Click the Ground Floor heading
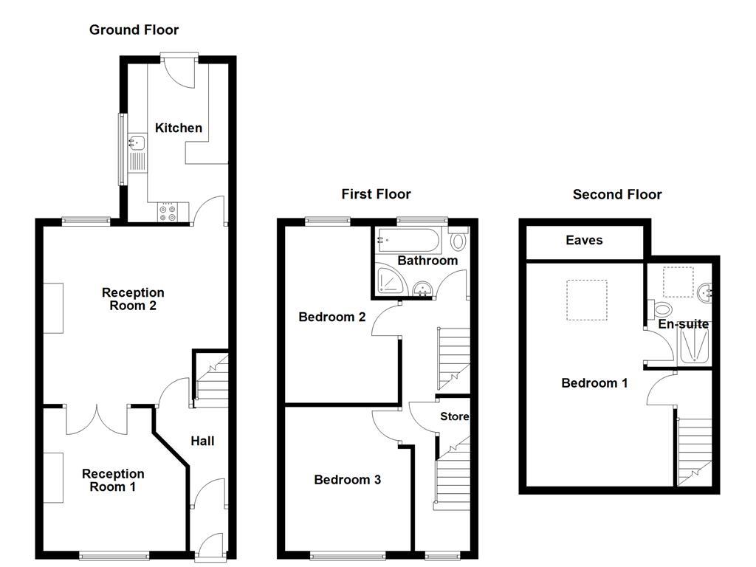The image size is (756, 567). tap(134, 30)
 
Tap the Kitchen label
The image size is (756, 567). tap(178, 128)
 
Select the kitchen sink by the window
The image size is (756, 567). tap(137, 144)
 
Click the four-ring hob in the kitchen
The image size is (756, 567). tap(167, 212)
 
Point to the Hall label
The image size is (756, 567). tap(202, 441)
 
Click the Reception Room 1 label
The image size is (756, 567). tap(113, 480)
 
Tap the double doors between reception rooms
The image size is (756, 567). tap(97, 419)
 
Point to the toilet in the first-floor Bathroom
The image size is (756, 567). tap(458, 240)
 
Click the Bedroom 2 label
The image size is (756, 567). tap(331, 317)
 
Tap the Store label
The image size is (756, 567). tap(454, 416)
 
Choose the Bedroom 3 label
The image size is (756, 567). tap(347, 480)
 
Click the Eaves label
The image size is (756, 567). tap(584, 240)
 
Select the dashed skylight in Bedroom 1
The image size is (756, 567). tap(587, 299)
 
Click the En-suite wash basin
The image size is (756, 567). tap(705, 293)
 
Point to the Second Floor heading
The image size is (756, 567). tap(617, 195)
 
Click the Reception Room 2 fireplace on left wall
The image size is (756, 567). tap(53, 308)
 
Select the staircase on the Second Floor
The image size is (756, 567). tap(695, 450)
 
